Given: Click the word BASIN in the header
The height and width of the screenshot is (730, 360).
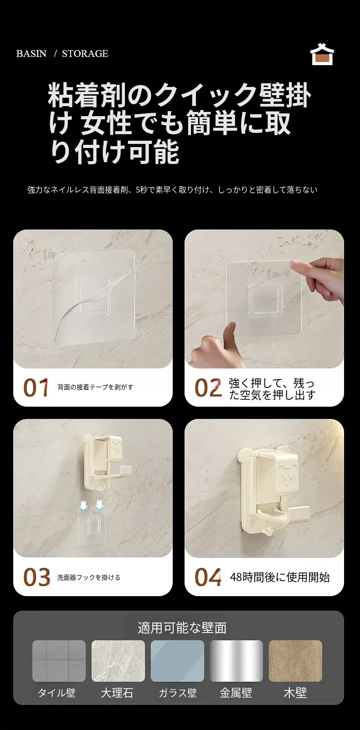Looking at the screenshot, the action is click(31, 53).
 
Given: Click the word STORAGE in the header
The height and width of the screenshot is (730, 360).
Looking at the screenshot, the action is click(85, 53).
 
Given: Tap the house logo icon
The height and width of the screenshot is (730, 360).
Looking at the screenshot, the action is click(322, 54).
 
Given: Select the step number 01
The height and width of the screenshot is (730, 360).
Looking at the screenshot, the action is click(36, 388).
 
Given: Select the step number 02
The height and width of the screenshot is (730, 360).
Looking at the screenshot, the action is click(208, 388).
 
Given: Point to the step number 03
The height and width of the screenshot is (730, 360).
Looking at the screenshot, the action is click(36, 577).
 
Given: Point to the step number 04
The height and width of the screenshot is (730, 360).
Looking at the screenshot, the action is click(208, 577).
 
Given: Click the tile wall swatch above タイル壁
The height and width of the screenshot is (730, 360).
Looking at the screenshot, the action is click(59, 661).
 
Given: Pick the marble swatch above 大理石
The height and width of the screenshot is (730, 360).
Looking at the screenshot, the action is click(118, 661).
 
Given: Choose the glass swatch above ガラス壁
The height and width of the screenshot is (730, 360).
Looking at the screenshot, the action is click(177, 661).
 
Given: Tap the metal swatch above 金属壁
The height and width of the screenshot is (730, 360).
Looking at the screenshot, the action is click(237, 661).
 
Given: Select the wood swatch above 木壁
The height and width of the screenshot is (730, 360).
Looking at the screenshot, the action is click(295, 661).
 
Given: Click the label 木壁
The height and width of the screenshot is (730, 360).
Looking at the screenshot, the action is click(295, 693).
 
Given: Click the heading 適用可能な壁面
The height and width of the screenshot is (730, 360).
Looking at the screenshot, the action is click(182, 628).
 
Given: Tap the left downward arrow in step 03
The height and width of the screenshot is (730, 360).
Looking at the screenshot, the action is click(84, 505).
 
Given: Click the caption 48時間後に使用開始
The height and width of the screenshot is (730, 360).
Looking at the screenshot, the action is click(280, 577).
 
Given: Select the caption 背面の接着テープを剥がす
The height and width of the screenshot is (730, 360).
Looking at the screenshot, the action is click(95, 387).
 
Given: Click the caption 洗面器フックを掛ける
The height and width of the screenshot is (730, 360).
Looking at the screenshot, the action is click(89, 577).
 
